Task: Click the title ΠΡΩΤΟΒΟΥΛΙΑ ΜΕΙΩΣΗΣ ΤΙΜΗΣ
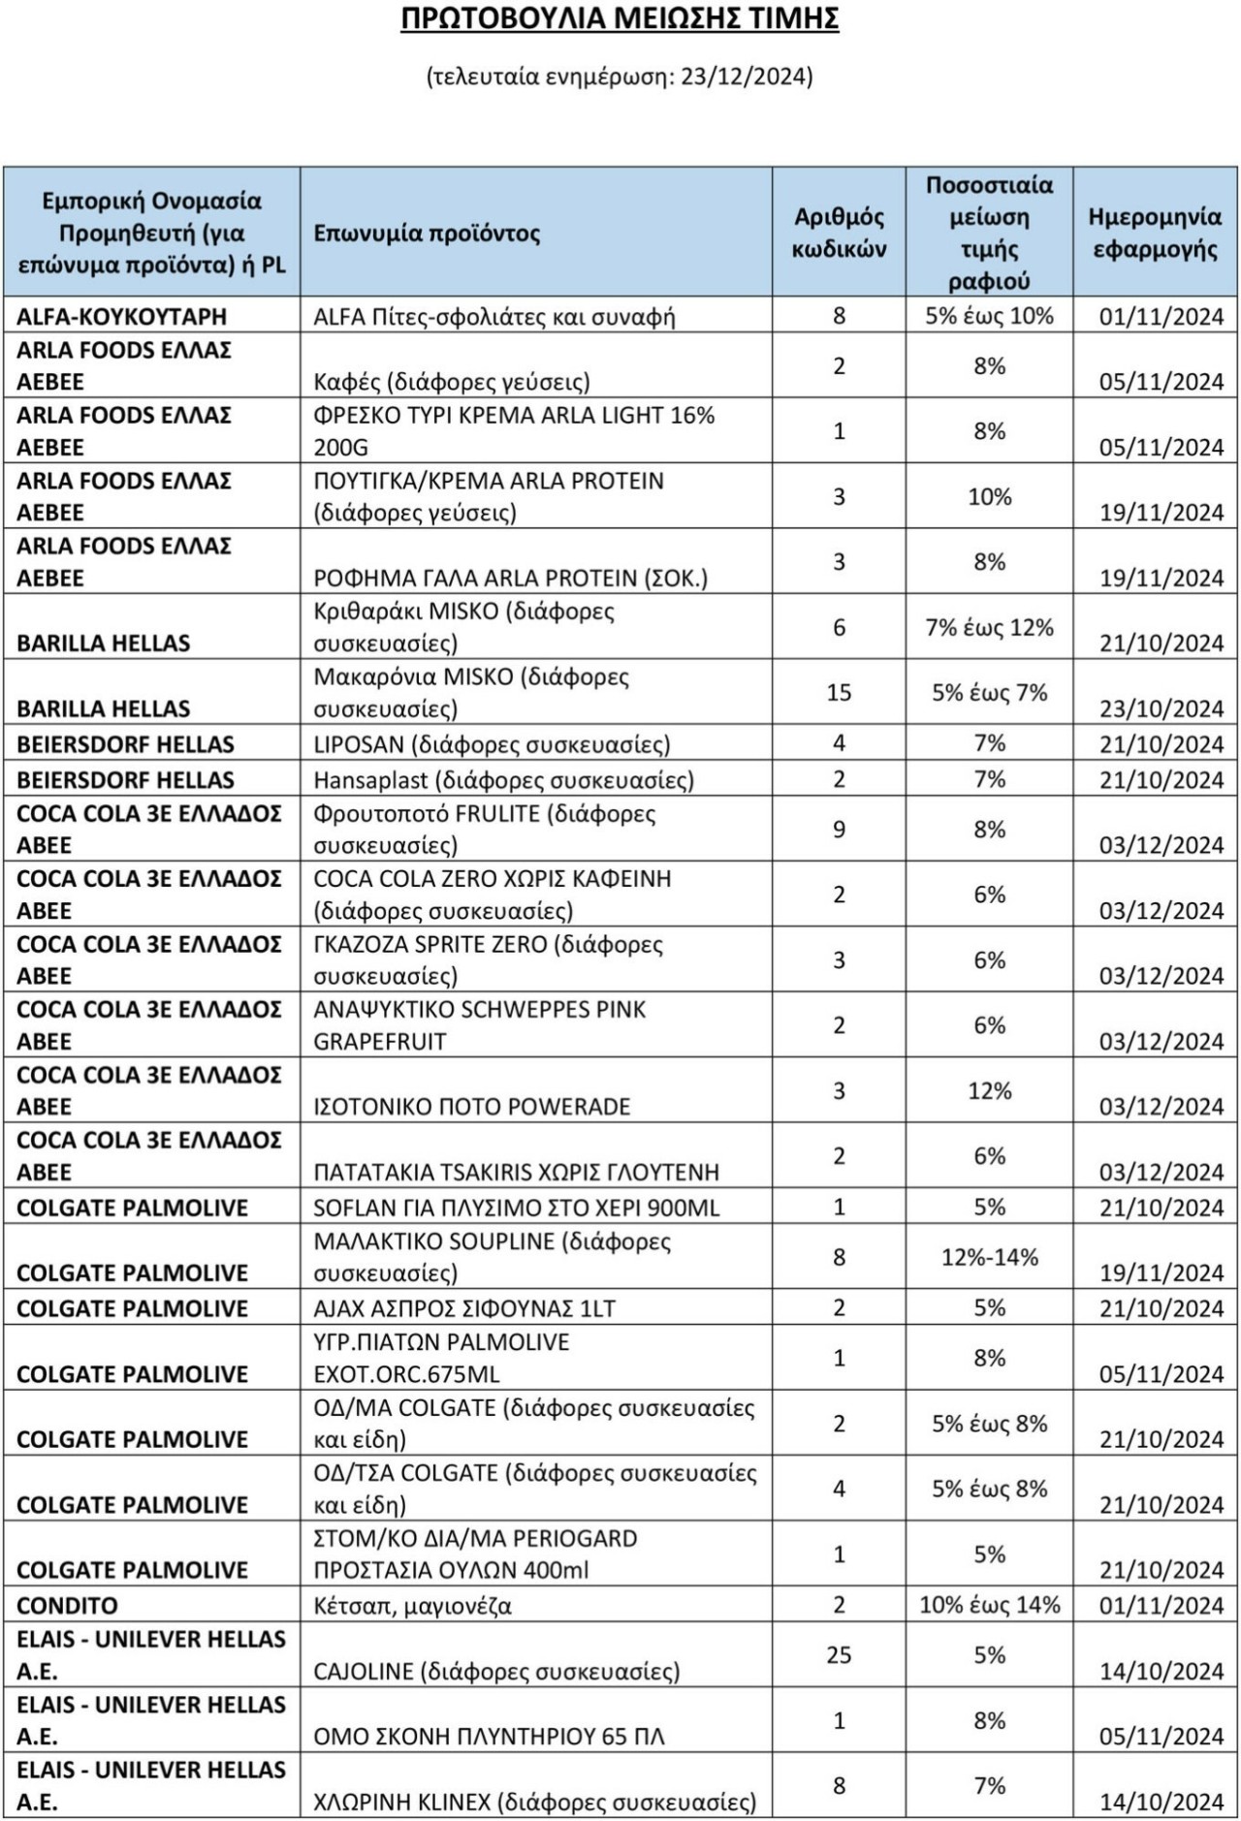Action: click(x=620, y=19)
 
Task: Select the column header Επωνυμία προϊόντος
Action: click(x=427, y=234)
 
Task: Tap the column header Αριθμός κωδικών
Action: click(x=839, y=233)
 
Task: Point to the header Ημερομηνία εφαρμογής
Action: click(x=1155, y=233)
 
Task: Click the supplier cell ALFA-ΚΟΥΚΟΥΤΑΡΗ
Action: click(x=121, y=317)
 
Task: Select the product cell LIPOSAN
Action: click(x=492, y=744)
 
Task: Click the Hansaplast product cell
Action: click(x=503, y=780)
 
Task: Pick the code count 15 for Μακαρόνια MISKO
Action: click(x=839, y=692)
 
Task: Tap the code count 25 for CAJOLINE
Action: click(x=839, y=1654)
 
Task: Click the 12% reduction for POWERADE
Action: click(x=989, y=1090)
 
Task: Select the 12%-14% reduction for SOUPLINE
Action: click(x=989, y=1257)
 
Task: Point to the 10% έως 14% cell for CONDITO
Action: click(x=989, y=1605)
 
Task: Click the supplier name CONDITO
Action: click(x=67, y=1606)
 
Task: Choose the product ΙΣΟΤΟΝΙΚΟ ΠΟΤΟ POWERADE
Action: click(x=472, y=1107)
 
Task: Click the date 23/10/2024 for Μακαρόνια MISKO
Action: click(x=1161, y=708)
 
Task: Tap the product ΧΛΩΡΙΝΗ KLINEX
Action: click(x=534, y=1803)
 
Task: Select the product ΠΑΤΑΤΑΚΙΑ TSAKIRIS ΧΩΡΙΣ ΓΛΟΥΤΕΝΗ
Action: click(x=516, y=1173)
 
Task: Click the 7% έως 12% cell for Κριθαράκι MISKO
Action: click(x=989, y=627)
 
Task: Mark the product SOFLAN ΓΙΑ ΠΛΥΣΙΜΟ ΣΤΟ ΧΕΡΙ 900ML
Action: click(x=516, y=1208)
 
